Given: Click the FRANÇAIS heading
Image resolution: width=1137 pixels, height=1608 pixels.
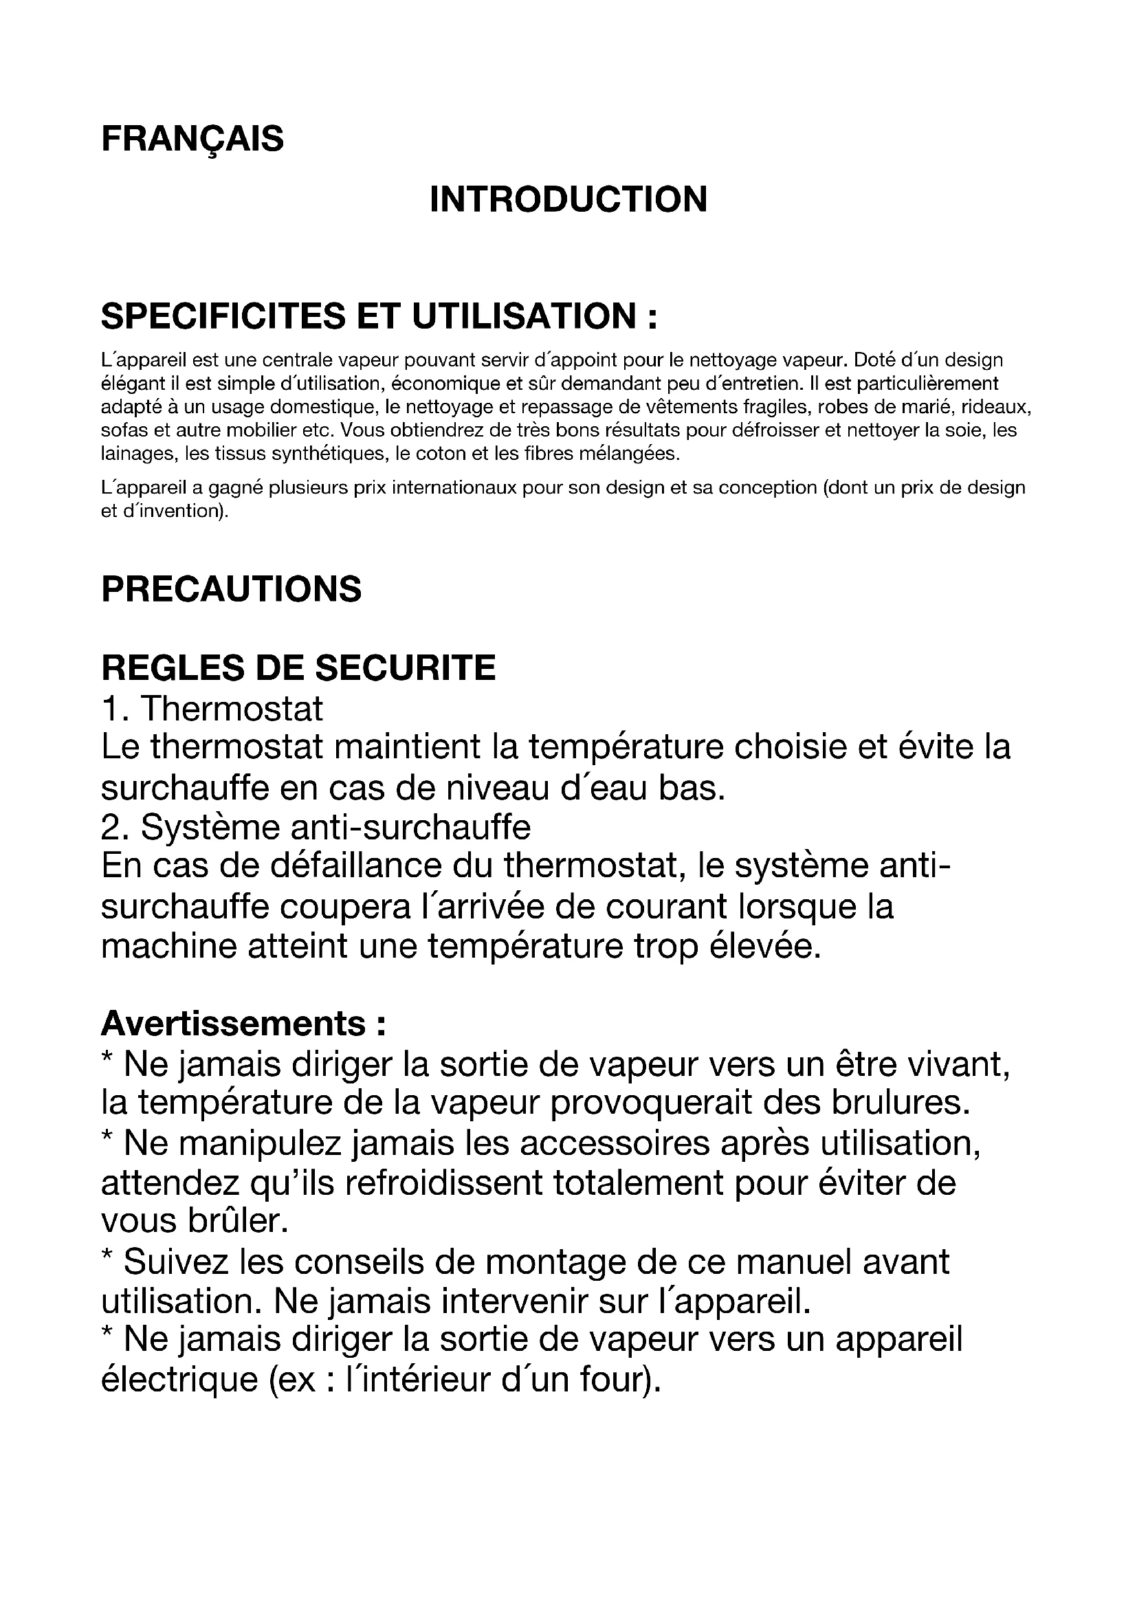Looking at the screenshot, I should pos(192,139).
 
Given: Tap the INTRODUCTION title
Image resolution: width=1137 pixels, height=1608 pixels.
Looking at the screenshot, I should pos(568,199).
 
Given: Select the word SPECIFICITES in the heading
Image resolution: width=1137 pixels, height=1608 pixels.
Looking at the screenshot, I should pos(223,316).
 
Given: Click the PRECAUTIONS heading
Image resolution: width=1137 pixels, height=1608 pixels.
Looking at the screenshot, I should pos(231,589).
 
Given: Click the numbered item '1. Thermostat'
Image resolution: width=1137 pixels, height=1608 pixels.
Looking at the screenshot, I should pos(212,709).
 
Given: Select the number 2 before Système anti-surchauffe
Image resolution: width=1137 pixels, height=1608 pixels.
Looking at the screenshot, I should pos(110,828).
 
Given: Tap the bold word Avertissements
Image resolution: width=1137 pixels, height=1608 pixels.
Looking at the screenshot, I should pos(234,1024).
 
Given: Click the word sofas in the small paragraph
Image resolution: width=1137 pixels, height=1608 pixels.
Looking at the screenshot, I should pos(120,430).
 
